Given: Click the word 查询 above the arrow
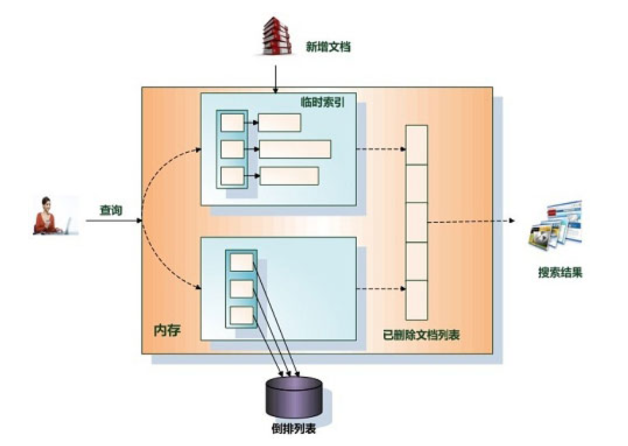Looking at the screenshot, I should coord(111,211).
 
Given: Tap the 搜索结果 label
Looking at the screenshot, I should coord(560,273).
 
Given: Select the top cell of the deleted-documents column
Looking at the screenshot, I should coord(417,144).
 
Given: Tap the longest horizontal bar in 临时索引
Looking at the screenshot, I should coord(295,150).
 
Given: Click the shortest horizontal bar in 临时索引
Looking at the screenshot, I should coord(280,123).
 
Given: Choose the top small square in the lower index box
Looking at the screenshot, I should coord(241,262).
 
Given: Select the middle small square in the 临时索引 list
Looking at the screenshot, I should coord(232,150).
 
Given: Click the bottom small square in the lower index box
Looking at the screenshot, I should coord(241,315).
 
